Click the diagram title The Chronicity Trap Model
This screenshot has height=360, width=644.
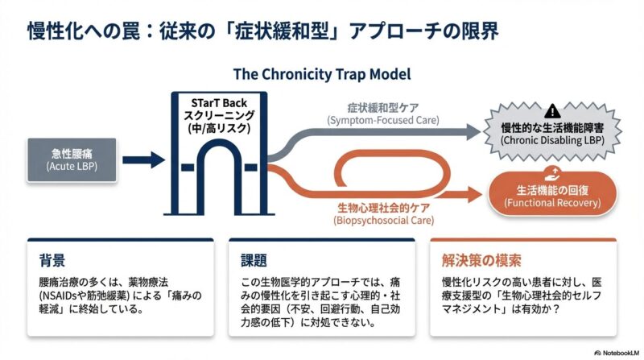(x=322, y=74)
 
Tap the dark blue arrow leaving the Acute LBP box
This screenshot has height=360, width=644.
(x=144, y=159)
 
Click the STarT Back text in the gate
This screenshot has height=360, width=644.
(x=220, y=102)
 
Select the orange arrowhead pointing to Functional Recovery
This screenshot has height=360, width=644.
(x=475, y=195)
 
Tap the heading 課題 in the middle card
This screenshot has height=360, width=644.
(x=254, y=260)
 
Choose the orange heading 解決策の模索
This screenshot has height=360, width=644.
(x=481, y=260)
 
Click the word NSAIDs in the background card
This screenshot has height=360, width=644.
(x=63, y=297)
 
